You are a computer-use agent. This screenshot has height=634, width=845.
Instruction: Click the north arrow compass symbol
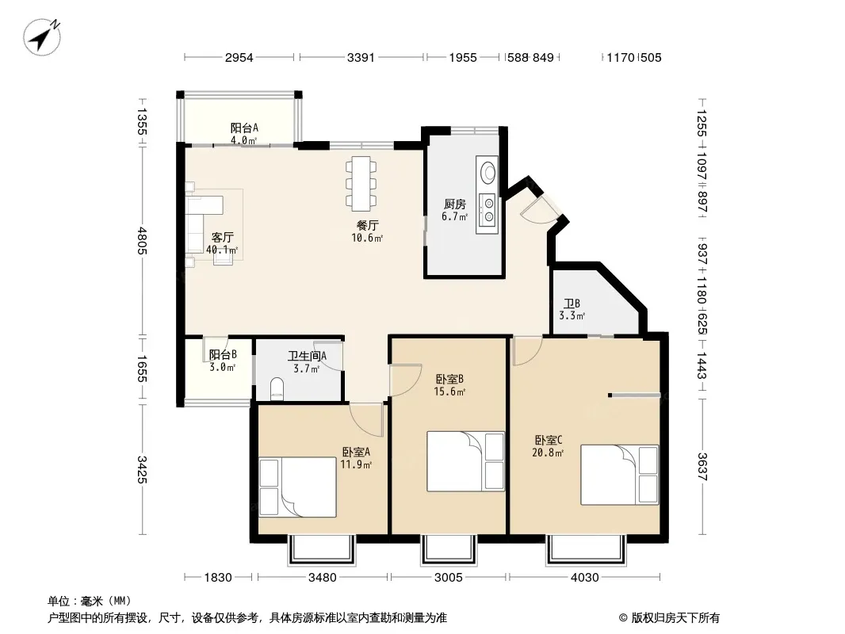[42, 36]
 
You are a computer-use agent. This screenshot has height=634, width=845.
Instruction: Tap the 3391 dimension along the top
[361, 58]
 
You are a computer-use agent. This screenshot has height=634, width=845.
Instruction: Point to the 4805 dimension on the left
[142, 240]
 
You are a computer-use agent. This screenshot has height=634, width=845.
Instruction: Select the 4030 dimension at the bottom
[585, 578]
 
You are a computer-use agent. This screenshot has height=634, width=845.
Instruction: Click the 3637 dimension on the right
[702, 467]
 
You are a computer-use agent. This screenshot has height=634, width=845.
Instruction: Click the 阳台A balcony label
[244, 128]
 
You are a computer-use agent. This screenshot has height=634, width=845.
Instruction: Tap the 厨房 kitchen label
[455, 204]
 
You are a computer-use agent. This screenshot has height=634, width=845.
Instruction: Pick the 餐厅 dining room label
[367, 225]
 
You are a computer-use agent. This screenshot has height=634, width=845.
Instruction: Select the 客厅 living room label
[222, 238]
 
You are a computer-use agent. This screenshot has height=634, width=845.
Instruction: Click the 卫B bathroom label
[572, 304]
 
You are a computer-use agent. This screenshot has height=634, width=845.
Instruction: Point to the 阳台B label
[223, 354]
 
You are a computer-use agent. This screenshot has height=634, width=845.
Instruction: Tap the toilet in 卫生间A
[277, 389]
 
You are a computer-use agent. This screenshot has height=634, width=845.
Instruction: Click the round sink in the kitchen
[488, 171]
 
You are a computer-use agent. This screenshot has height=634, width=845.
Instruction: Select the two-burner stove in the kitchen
[487, 210]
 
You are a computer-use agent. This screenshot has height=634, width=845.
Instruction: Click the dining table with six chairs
[361, 183]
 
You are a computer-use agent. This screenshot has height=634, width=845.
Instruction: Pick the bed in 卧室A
[297, 487]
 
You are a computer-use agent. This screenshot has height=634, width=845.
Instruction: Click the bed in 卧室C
[620, 475]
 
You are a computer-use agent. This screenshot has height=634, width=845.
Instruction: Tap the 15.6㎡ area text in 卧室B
[449, 391]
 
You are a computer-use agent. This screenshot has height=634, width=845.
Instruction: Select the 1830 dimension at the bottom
[218, 578]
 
